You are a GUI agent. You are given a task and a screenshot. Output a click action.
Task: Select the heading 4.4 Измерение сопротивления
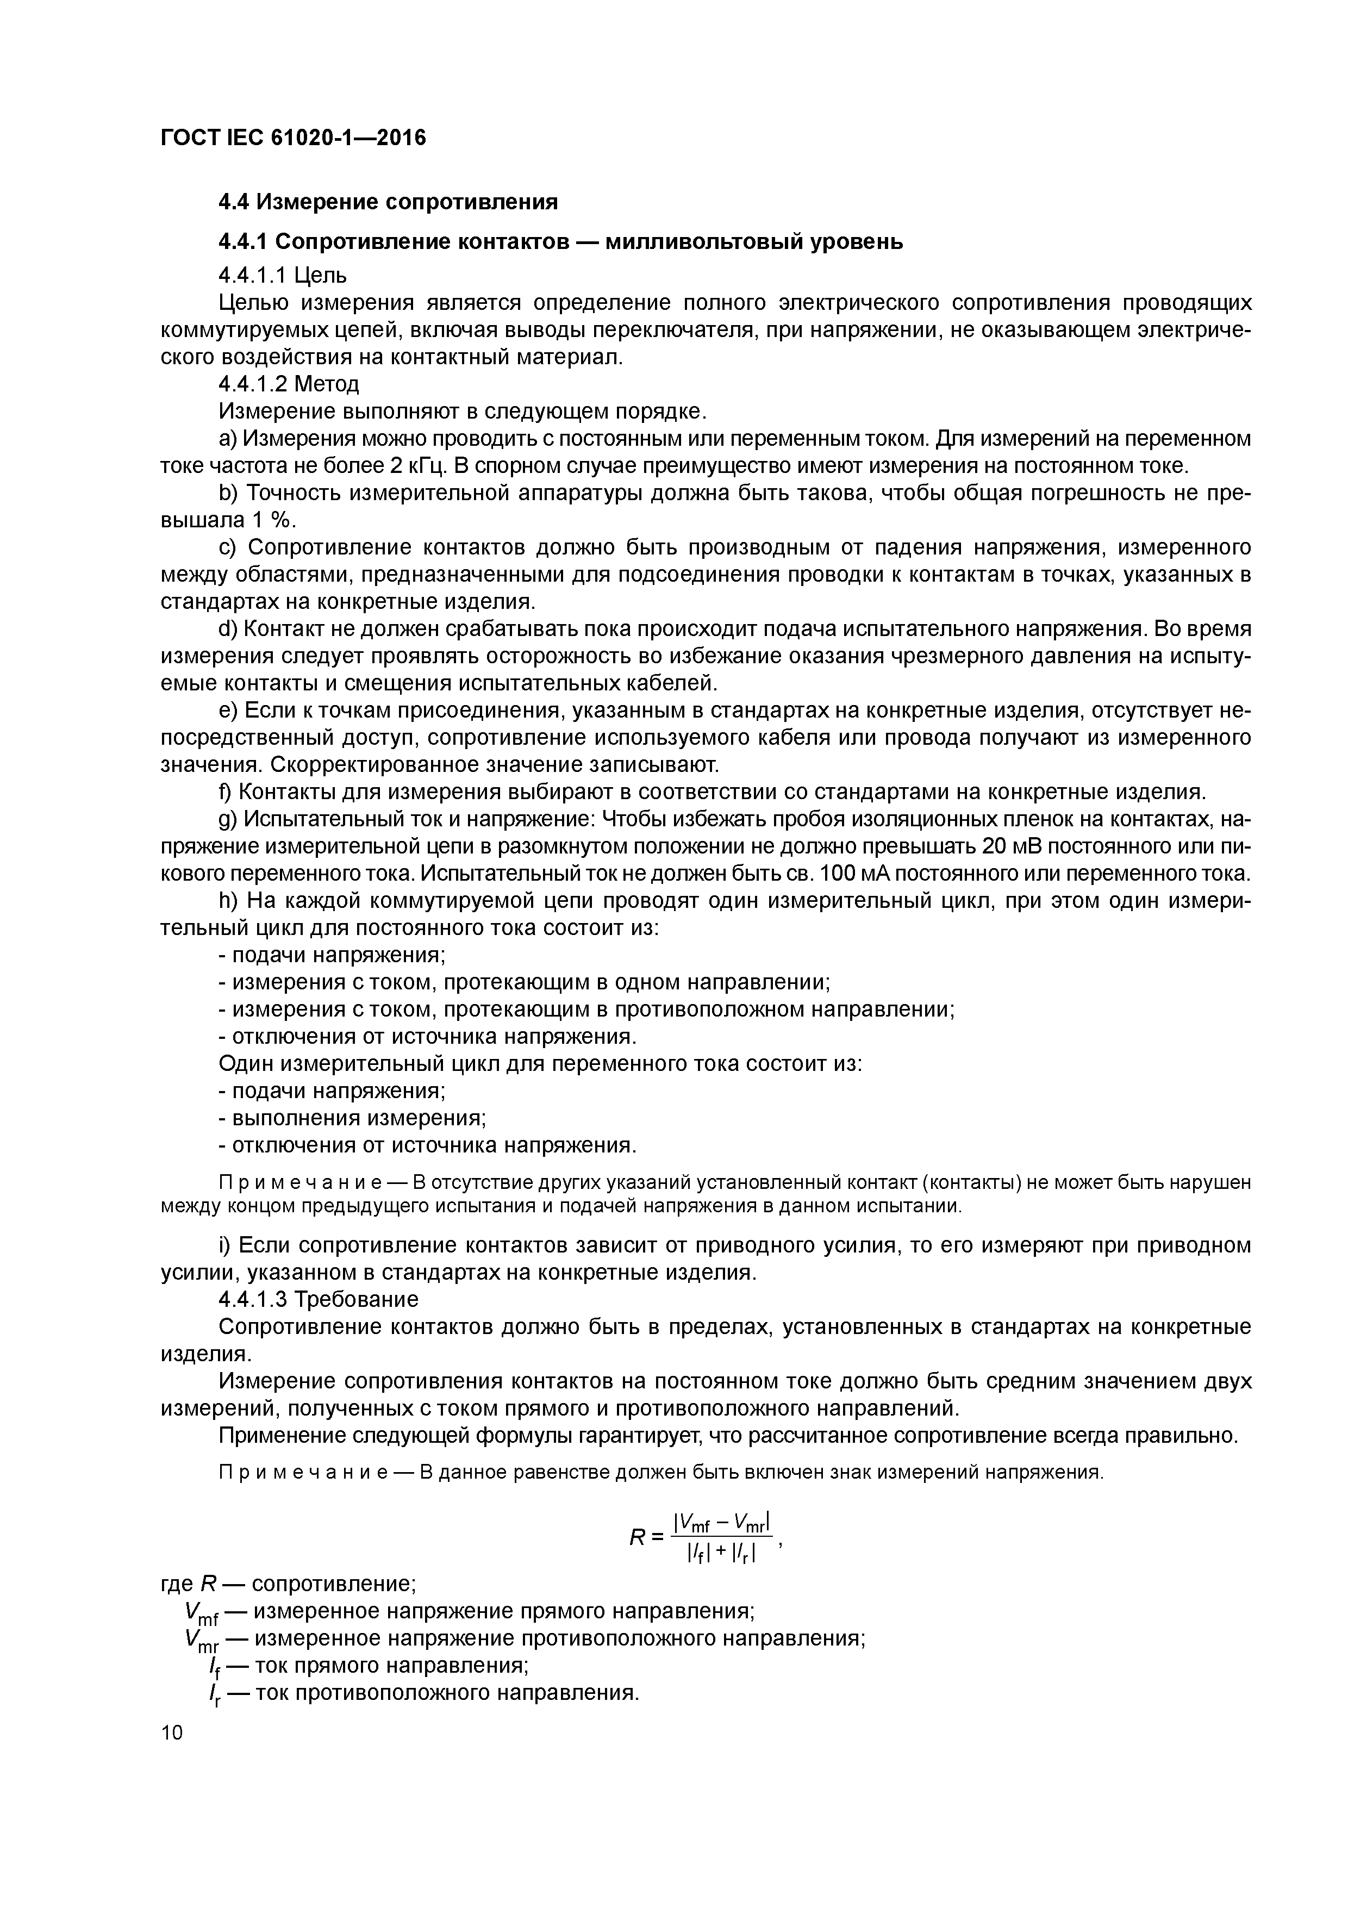pyautogui.click(x=388, y=202)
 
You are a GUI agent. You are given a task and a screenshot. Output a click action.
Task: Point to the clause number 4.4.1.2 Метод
pyautogui.click(x=288, y=384)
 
